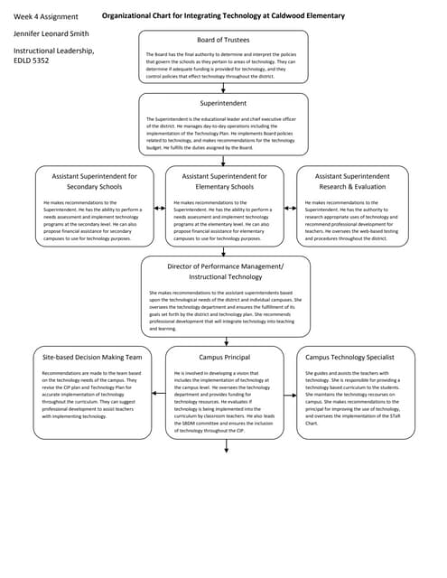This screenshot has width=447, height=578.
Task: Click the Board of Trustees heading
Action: [223, 40]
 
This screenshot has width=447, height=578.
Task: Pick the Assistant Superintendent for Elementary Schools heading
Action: [224, 181]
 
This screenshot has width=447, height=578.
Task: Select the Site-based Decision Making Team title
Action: [92, 358]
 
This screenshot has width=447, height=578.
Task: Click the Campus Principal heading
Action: [224, 358]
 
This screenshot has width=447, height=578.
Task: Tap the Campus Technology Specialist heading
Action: [356, 358]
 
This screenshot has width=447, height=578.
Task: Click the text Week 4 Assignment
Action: [45, 16]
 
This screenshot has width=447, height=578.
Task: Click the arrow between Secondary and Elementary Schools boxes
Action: [159, 209]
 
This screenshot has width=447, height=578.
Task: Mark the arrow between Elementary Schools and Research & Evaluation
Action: [291, 209]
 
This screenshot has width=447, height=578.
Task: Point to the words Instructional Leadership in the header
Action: [52, 51]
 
